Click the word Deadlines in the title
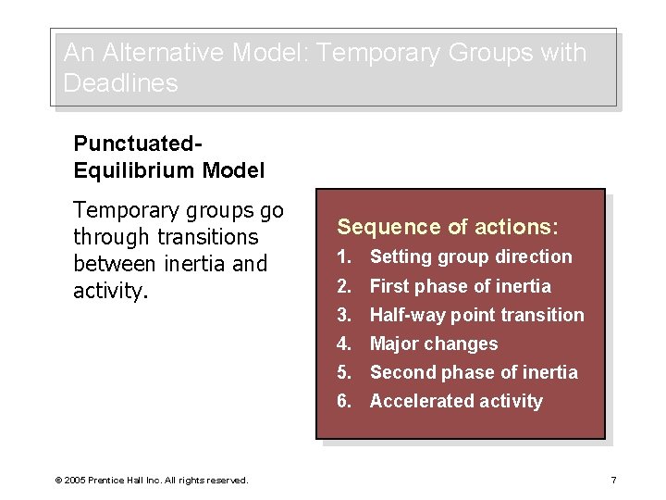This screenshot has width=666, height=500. tap(120, 83)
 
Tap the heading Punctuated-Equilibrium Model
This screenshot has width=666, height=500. tap(168, 157)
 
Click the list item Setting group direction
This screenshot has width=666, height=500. tap(471, 256)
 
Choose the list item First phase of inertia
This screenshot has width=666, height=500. tap(460, 286)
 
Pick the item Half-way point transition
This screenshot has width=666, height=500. tap(476, 315)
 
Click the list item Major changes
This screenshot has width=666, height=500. tap(434, 344)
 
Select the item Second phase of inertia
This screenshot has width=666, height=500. tap(474, 372)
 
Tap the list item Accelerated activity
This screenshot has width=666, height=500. tap(456, 401)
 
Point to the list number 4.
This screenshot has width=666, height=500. tap(343, 344)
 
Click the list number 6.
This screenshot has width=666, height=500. tap(343, 401)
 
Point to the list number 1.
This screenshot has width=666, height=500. tap(343, 256)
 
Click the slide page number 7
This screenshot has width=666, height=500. tap(614, 480)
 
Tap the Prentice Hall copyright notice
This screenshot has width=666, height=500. tap(152, 480)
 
